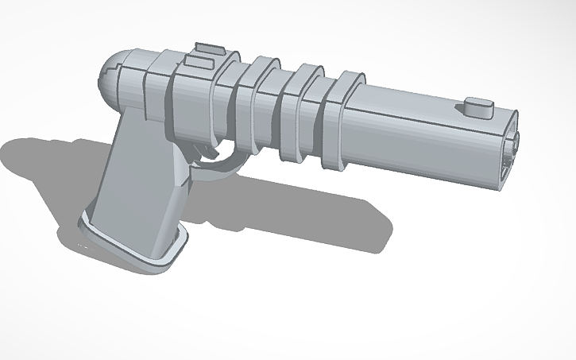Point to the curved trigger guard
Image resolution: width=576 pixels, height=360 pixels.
click(x=222, y=164)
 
